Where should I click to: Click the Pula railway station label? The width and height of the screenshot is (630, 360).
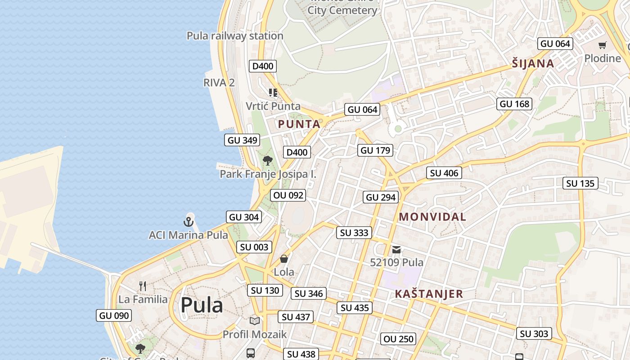(x=235, y=36)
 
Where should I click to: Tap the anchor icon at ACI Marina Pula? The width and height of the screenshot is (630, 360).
(x=189, y=221)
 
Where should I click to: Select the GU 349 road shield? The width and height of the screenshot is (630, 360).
(x=243, y=140)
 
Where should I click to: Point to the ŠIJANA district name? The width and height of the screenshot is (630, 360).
(x=533, y=63)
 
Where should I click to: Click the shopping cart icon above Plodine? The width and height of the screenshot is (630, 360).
(x=602, y=45)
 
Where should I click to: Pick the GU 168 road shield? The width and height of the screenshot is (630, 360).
(x=515, y=104)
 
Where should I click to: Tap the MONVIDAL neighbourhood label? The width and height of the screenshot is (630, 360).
(x=432, y=217)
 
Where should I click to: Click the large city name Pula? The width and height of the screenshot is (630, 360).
(x=202, y=305)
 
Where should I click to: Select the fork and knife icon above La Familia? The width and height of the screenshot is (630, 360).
(x=143, y=286)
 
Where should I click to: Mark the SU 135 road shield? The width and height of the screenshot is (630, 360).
(x=580, y=183)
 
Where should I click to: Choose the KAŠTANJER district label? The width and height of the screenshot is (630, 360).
(x=428, y=294)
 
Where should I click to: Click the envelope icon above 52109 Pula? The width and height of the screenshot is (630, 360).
(x=396, y=249)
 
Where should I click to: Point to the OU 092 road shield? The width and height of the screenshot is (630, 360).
(x=288, y=195)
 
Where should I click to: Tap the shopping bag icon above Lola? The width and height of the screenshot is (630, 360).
(x=284, y=259)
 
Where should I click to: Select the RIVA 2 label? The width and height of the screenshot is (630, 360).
(x=219, y=82)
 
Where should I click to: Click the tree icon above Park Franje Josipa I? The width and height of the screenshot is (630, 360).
(x=268, y=160)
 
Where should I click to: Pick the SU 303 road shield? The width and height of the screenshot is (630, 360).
(x=534, y=333)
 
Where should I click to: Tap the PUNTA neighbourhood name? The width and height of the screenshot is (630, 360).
(x=299, y=124)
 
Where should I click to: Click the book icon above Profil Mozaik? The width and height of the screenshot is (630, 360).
(x=255, y=321)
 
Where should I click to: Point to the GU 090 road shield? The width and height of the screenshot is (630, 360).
(x=114, y=315)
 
